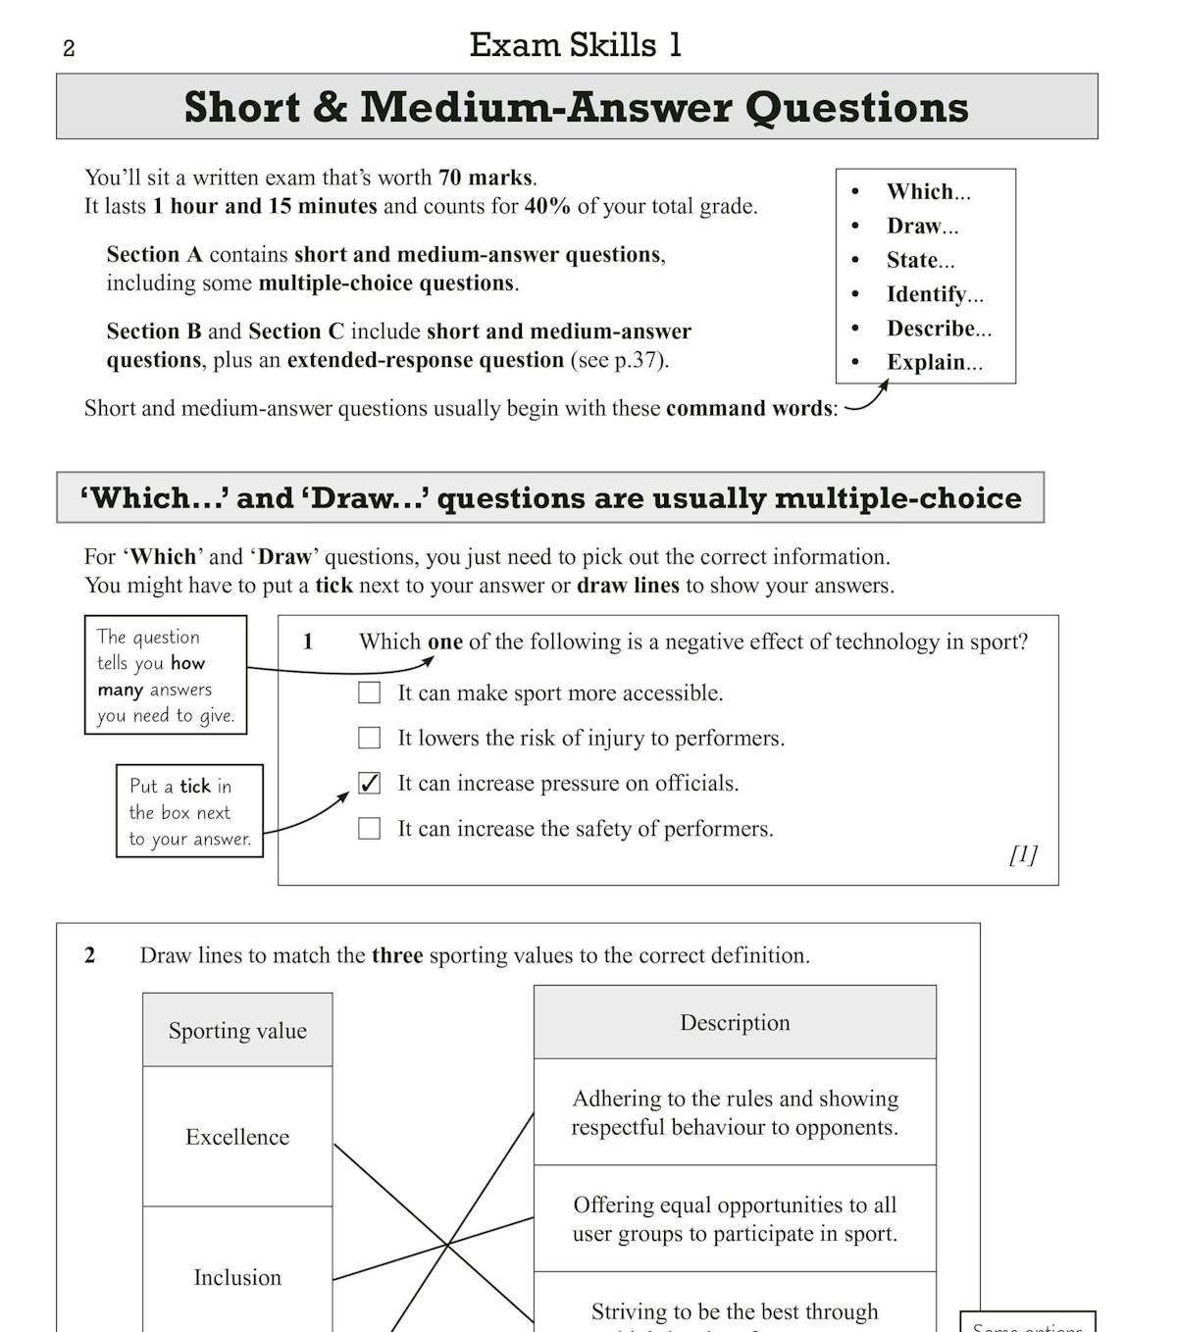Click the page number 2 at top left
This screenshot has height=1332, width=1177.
(x=69, y=48)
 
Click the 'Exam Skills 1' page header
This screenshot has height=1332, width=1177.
(x=575, y=45)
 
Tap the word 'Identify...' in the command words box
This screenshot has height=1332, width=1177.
(x=934, y=294)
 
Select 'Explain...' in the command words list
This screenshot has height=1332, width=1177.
(x=934, y=362)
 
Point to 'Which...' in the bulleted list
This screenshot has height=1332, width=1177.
(x=928, y=191)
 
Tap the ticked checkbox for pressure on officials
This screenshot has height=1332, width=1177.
(x=370, y=783)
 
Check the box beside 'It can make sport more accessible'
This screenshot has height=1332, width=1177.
(x=370, y=692)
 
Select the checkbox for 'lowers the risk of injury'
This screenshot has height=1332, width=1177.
(x=370, y=738)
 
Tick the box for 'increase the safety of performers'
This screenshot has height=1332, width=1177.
(x=370, y=829)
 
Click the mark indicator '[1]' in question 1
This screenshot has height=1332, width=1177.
(x=1023, y=854)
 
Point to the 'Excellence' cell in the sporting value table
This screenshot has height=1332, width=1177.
(x=237, y=1137)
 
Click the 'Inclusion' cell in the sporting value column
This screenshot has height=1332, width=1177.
(x=237, y=1277)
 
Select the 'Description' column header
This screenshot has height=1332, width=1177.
(x=735, y=1022)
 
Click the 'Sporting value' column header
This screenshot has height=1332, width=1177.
(x=237, y=1030)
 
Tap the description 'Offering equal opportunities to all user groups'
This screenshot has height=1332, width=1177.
(x=735, y=1218)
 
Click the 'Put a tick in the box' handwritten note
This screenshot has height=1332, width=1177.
(x=189, y=811)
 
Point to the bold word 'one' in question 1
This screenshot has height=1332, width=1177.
(x=444, y=641)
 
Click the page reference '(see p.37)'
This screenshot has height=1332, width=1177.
(x=619, y=360)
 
